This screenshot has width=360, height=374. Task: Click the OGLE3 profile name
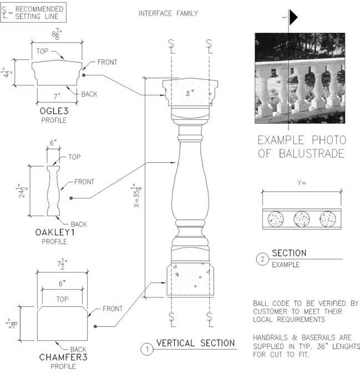[x=54, y=111]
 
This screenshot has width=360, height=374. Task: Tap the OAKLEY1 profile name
[x=55, y=232]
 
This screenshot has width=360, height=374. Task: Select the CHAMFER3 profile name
[x=63, y=357]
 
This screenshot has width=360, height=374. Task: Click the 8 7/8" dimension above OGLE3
[x=57, y=34]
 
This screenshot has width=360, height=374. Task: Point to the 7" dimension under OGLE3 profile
[x=57, y=96]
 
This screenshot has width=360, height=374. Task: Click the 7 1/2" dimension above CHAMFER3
[x=62, y=264]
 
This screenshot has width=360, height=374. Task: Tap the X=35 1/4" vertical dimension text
[x=138, y=196]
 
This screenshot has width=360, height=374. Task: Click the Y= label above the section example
[x=302, y=183]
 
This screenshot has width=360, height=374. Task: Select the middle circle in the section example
[x=302, y=219]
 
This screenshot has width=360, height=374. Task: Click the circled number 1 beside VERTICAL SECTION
[x=147, y=349]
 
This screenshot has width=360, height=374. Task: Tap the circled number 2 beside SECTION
[x=262, y=259]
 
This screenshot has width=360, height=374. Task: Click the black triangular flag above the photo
[x=293, y=17]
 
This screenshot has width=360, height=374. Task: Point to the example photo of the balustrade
[x=300, y=78]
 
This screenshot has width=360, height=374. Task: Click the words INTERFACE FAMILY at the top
[x=168, y=13]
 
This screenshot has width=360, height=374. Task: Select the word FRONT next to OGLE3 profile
[x=108, y=62]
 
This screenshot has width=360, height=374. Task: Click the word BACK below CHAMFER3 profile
[x=78, y=350]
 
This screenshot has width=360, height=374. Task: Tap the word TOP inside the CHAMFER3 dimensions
[x=62, y=299]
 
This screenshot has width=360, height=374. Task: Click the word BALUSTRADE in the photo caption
[x=312, y=153]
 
